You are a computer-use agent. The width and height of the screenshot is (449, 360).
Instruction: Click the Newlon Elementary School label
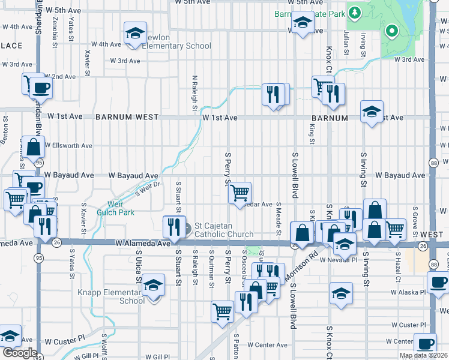click(180, 46)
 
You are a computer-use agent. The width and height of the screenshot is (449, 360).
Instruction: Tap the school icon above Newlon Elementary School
click(135, 34)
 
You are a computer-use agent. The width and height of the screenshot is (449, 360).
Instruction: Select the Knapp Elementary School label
click(112, 296)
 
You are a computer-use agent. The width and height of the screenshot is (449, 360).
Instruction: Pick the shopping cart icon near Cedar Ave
click(240, 193)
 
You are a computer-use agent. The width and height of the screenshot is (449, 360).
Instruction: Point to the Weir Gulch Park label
click(121, 208)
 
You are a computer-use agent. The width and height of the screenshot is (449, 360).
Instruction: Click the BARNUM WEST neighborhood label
click(127, 118)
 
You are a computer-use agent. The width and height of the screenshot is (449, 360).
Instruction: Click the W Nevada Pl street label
click(339, 260)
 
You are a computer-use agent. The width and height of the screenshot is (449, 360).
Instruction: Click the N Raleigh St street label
click(194, 93)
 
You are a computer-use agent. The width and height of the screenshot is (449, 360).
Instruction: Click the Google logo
click(19, 353)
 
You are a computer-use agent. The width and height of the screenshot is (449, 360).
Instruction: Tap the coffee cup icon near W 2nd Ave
click(41, 88)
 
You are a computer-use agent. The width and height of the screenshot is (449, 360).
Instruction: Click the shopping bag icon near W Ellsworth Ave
click(34, 146)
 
